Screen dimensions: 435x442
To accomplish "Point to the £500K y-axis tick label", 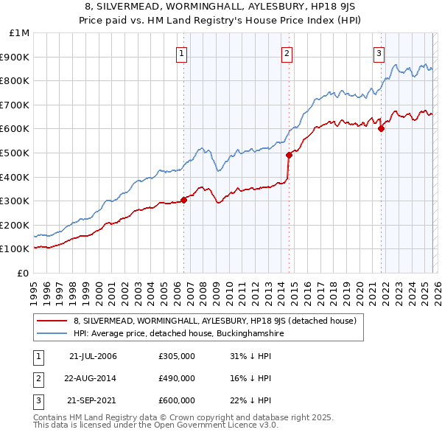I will pos(16,153).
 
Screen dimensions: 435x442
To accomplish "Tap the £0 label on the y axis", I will pos(24,273).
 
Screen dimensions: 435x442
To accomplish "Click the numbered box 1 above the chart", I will pos(181,52).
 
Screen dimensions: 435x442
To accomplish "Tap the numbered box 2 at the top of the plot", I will pos(287,52).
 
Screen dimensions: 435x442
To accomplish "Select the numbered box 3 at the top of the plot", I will pos(379,52).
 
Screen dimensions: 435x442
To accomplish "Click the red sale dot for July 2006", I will pos(183,200).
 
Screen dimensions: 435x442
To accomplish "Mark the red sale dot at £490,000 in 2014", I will pos(289,155).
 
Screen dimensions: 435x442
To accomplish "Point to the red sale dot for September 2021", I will pos(381,128).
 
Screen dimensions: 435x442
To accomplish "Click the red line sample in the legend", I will pos(53,321).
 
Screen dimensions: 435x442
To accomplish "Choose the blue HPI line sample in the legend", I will pos(53,333).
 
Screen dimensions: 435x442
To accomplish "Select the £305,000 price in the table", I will pos(176,356).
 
